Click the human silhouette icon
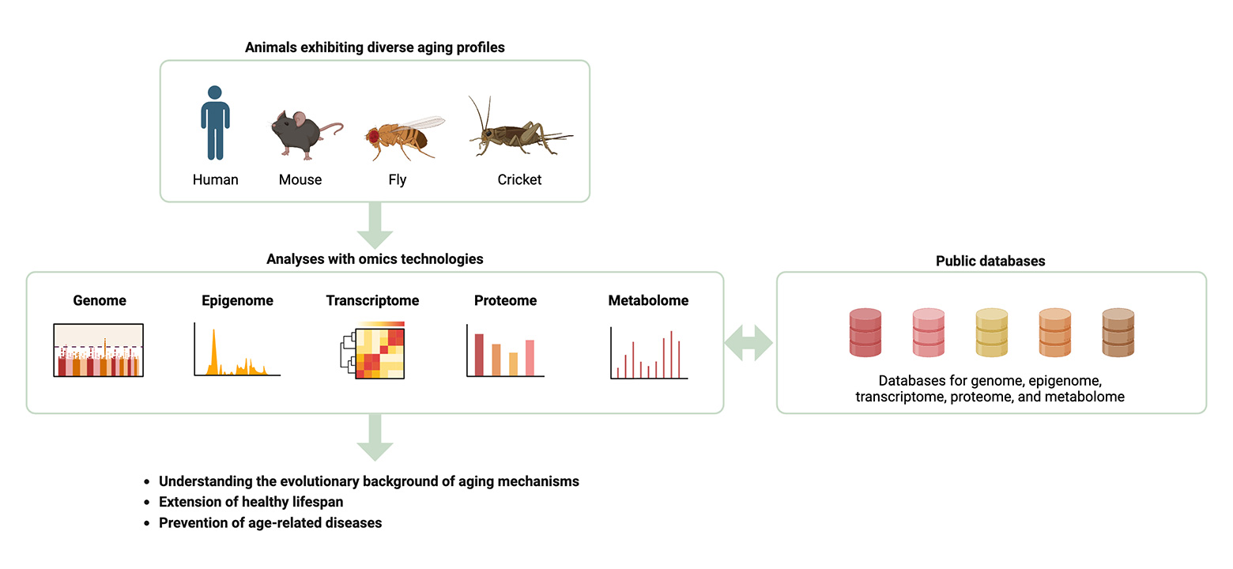click(x=215, y=123)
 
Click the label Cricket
click(x=519, y=179)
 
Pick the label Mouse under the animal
click(x=300, y=179)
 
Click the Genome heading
click(x=100, y=300)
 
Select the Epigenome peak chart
click(x=236, y=352)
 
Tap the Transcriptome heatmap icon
click(x=373, y=352)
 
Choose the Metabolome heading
click(x=648, y=300)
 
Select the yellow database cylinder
click(x=992, y=332)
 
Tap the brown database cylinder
click(x=1118, y=332)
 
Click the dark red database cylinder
click(x=865, y=332)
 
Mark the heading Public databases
click(x=990, y=261)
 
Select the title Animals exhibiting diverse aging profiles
click(x=375, y=47)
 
